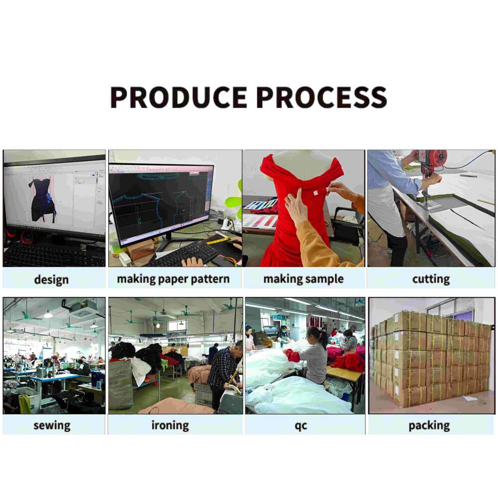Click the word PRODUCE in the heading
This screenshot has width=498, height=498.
[179, 97]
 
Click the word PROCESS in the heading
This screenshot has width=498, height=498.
[322, 97]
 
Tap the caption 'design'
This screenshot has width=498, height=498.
[51, 279]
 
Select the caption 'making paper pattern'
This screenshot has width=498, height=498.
[173, 279]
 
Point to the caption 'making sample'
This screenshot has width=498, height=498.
[304, 279]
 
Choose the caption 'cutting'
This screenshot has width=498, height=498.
[431, 279]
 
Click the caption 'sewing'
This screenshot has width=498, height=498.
[52, 425]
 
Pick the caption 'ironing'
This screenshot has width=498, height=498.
[170, 425]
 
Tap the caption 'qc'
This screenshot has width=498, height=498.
[301, 426]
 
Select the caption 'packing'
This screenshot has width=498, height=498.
[429, 425]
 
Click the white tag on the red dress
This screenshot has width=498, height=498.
[316, 193]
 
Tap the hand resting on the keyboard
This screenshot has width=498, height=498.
[192, 261]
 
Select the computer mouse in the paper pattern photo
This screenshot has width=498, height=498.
[235, 245]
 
